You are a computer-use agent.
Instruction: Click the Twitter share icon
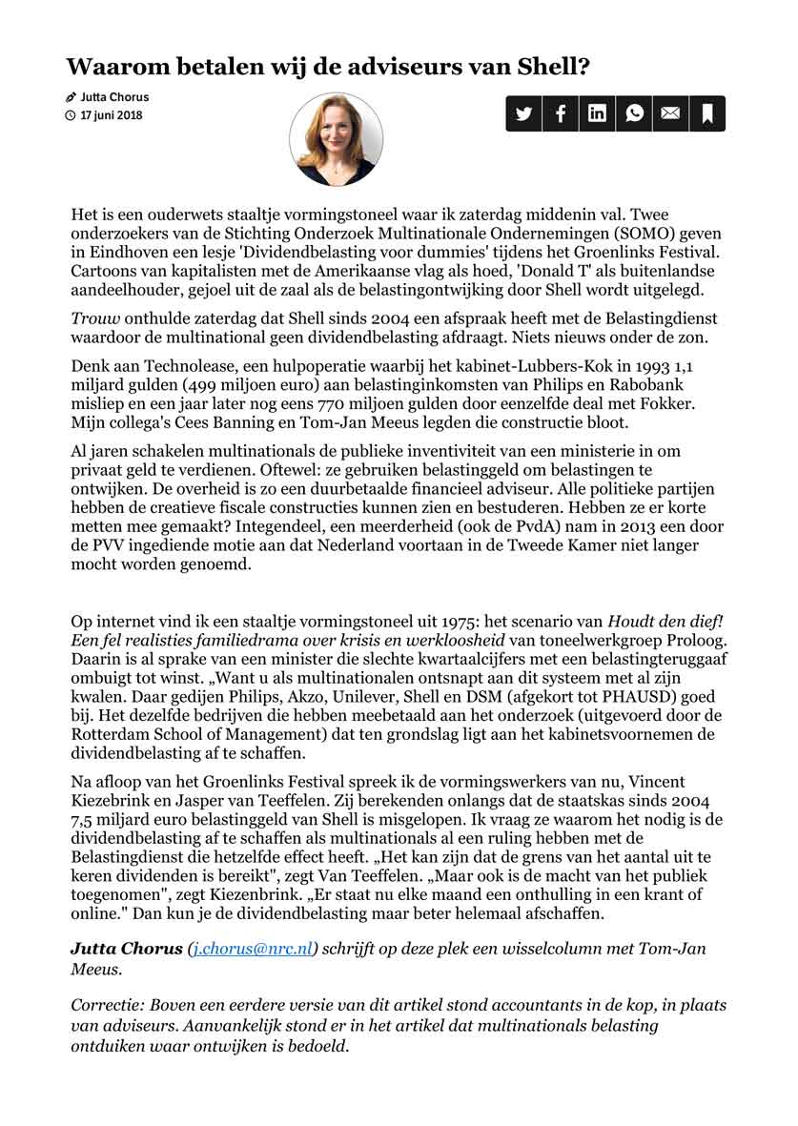coord(523,113)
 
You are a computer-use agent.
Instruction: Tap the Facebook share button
coord(561,113)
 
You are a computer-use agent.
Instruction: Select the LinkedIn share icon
coord(597,113)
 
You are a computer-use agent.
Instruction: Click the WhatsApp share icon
coord(634,113)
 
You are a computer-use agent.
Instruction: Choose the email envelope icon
coord(670,113)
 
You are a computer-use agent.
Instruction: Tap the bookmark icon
coord(707,113)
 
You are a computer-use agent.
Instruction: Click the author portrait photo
coord(336,139)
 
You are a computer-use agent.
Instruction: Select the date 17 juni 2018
coord(112,115)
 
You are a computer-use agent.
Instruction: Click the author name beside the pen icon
coord(114,97)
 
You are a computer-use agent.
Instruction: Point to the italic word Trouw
coord(93,319)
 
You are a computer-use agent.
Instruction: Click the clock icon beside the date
coord(70,116)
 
